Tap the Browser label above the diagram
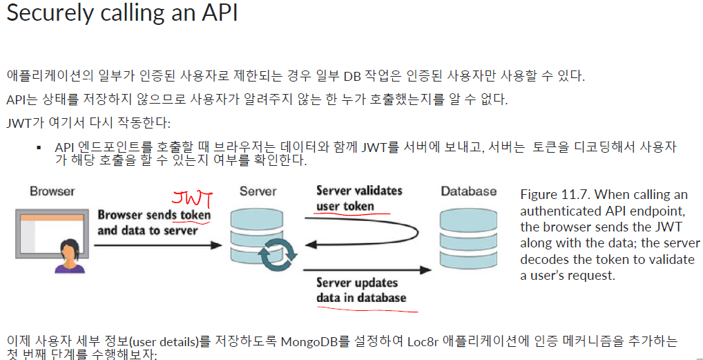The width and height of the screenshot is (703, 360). [x=52, y=191]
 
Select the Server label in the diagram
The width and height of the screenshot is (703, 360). [x=258, y=191]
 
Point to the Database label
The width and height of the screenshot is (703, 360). [x=468, y=191]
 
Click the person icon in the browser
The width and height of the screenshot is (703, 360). [x=68, y=256]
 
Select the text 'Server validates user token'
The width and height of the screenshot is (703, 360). [x=358, y=198]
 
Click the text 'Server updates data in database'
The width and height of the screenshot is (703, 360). [x=361, y=290]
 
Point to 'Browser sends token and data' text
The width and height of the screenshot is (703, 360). [x=153, y=222]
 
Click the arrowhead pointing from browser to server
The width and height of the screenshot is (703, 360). [x=215, y=244]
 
